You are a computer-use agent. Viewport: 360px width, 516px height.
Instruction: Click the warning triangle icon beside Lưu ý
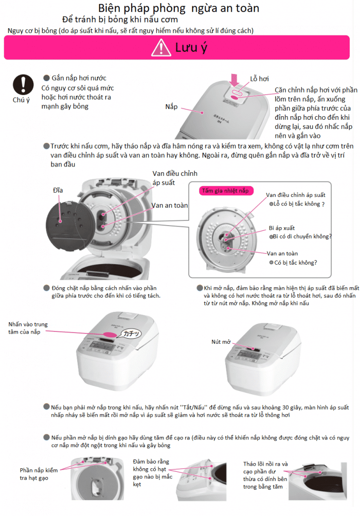pyautogui.click(x=161, y=48)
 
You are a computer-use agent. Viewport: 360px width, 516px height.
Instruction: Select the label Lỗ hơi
pyautogui.click(x=260, y=79)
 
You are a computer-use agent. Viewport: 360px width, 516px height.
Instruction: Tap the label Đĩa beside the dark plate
pyautogui.click(x=58, y=190)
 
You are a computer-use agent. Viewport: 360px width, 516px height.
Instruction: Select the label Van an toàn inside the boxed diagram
pyautogui.click(x=282, y=253)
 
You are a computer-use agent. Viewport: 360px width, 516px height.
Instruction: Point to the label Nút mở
pyautogui.click(x=221, y=341)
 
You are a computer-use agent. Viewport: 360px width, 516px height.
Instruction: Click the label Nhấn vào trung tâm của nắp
pyautogui.click(x=27, y=328)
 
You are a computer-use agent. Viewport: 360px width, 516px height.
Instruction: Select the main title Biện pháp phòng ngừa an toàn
pyautogui.click(x=178, y=8)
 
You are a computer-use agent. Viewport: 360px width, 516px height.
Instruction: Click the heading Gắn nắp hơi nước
pyautogui.click(x=79, y=78)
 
